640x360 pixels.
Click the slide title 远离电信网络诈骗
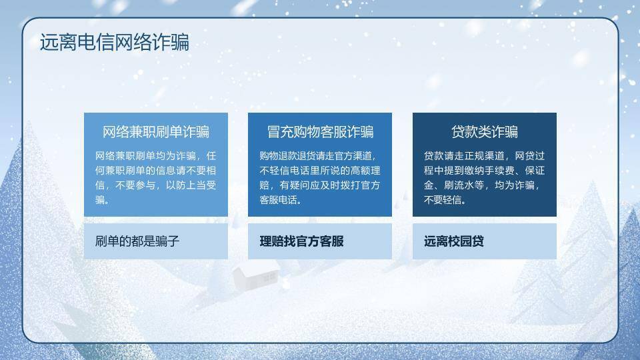[114, 42]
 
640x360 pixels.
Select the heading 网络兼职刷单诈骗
[155, 131]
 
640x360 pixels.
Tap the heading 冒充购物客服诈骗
[320, 131]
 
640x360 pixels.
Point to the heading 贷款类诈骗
[484, 131]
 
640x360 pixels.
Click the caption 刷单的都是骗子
[137, 241]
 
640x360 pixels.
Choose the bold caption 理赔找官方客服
[301, 241]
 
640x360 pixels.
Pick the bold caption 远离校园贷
[453, 241]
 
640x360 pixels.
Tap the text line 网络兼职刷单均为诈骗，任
[155, 156]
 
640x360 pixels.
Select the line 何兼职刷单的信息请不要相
[155, 171]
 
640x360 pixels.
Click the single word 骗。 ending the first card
[103, 200]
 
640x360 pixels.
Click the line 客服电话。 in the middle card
[281, 200]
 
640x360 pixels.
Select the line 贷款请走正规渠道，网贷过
[484, 156]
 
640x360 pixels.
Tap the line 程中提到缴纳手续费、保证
[484, 171]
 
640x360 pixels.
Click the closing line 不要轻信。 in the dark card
[445, 200]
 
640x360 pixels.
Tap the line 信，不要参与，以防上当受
[155, 185]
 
